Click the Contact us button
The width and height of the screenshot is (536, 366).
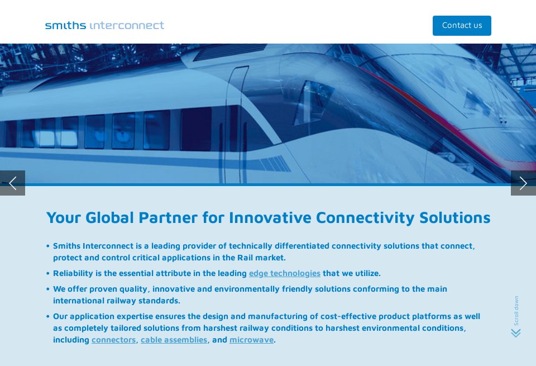tap(462, 26)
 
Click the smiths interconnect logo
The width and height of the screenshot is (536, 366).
tap(104, 25)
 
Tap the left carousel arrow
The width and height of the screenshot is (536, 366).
tap(12, 183)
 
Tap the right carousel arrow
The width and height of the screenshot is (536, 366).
tap(523, 183)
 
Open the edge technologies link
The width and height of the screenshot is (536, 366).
tap(284, 273)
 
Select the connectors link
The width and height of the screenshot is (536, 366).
tap(113, 340)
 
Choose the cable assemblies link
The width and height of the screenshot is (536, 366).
tap(174, 340)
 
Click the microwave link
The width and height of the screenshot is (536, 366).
tap(251, 340)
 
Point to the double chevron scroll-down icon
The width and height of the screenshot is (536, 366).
tap(516, 333)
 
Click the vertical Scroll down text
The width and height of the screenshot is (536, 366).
tap(516, 311)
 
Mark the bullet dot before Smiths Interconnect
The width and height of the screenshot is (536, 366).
tap(48, 246)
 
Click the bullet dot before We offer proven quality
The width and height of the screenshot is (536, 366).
tap(48, 289)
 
